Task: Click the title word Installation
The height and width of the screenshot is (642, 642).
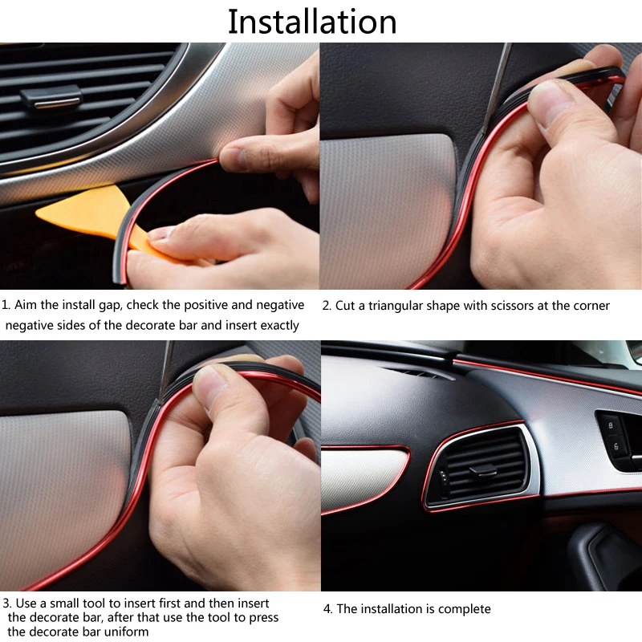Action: tap(312, 22)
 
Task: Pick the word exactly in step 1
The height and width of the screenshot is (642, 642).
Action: tap(271, 325)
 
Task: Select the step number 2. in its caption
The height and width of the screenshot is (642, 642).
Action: tap(327, 306)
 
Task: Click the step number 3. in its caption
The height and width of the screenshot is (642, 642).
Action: tap(6, 603)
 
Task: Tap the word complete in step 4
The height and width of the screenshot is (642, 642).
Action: tap(462, 609)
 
